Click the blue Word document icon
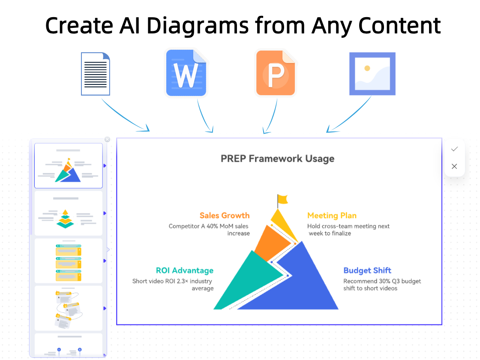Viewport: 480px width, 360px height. [x=186, y=73]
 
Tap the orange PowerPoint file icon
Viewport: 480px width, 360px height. [x=276, y=73]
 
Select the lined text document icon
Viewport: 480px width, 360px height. [x=96, y=74]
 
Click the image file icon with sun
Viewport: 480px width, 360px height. [x=372, y=73]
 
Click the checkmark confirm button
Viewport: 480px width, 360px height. [x=454, y=149]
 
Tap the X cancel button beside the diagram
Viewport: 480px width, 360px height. [x=454, y=166]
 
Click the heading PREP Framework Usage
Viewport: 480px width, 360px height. [x=277, y=159]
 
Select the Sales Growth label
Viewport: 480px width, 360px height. [x=224, y=215]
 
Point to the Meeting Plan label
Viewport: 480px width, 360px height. [x=332, y=215]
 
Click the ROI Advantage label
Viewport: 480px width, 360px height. [x=184, y=270]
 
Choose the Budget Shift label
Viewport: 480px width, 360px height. [x=367, y=270]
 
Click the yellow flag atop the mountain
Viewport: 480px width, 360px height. [x=282, y=199]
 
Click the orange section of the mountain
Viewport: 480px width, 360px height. [x=270, y=242]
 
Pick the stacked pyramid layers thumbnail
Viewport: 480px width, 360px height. [x=68, y=213]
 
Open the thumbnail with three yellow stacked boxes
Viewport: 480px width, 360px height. [x=68, y=261]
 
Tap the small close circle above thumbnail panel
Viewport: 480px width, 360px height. [x=107, y=139]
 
